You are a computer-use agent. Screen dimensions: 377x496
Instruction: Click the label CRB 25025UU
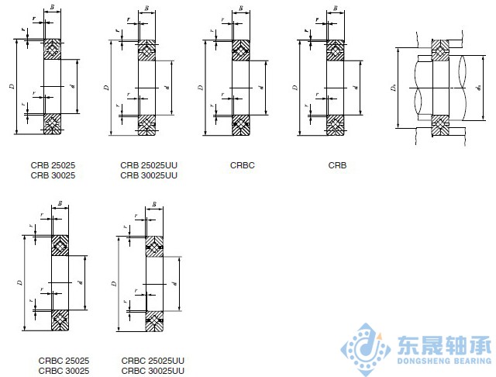149,165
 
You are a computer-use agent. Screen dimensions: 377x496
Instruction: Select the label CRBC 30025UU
153,371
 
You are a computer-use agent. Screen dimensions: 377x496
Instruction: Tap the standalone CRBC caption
243,165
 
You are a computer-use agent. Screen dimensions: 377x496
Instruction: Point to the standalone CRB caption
337,165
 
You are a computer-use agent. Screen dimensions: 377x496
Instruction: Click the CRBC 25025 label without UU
64,361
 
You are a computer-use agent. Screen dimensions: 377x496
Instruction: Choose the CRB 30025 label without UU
53,175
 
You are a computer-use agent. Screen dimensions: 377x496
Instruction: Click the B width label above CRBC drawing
241,9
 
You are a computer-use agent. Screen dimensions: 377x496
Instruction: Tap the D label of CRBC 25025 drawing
20,284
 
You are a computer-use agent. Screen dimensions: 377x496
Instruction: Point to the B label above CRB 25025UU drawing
146,9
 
